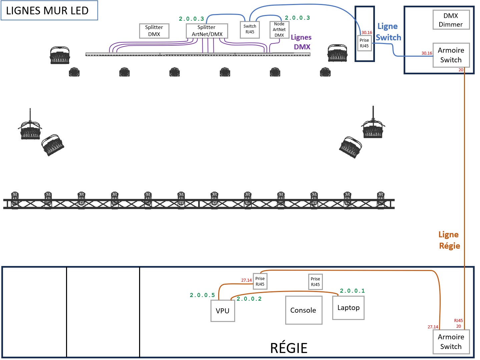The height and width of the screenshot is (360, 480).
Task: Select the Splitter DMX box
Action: [x=154, y=31]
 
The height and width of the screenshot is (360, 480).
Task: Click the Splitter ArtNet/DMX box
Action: [x=207, y=31]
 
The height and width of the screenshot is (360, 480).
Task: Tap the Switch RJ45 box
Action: [x=250, y=29]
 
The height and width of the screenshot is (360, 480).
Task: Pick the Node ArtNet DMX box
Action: [x=279, y=30]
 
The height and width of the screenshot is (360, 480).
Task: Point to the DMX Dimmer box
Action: [x=451, y=20]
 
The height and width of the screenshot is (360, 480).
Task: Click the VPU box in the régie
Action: [x=222, y=311]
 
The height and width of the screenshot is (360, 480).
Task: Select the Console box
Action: [x=304, y=310]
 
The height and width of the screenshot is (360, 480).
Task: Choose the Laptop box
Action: [x=348, y=308]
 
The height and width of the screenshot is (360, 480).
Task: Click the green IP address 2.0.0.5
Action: [x=202, y=295]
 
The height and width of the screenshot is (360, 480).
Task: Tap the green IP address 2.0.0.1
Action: [x=352, y=291]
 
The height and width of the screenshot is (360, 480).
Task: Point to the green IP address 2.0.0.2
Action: [x=249, y=299]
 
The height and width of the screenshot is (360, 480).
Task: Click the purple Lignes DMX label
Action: [x=301, y=42]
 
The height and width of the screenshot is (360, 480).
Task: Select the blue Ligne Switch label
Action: [x=388, y=32]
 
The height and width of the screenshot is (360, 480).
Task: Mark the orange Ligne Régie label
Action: [x=449, y=240]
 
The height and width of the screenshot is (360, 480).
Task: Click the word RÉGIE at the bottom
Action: [x=289, y=348]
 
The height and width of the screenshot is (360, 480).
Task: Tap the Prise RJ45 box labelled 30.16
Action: [x=364, y=43]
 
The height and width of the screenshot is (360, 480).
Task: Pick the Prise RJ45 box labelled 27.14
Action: [x=260, y=282]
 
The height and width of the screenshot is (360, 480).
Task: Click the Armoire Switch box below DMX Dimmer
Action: [x=451, y=55]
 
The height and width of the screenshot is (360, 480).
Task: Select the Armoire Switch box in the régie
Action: [x=451, y=342]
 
